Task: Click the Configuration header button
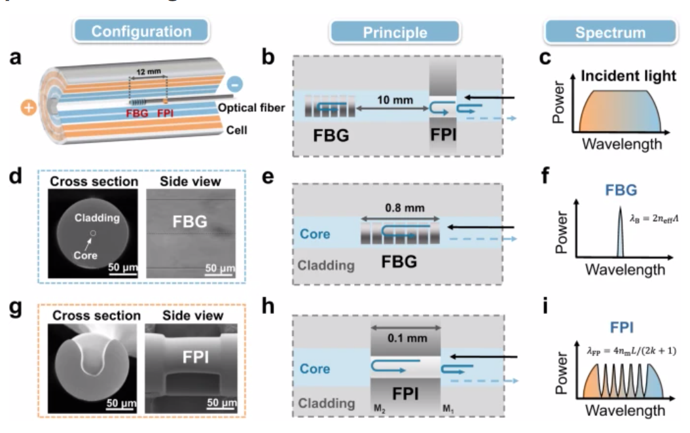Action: (x=142, y=31)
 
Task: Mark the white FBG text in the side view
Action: (x=189, y=222)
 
